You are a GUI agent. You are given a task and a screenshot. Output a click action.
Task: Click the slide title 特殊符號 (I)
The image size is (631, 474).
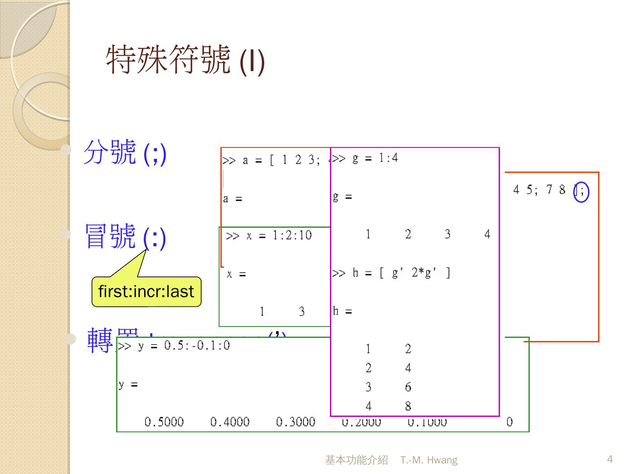(x=185, y=60)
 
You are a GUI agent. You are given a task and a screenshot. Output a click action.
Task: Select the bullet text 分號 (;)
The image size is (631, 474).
(x=125, y=152)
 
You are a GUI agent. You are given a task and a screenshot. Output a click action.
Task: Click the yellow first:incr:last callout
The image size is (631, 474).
(x=146, y=291)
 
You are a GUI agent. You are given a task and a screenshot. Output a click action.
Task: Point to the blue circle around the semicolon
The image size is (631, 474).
(x=581, y=191)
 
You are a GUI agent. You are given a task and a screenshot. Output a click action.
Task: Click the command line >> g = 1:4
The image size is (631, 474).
(x=365, y=158)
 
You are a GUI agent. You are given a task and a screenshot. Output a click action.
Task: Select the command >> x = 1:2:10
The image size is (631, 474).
(x=269, y=236)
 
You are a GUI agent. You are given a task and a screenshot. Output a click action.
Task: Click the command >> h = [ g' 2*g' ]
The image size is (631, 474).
(x=391, y=273)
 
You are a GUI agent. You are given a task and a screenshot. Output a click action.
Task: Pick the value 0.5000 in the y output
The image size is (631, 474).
(x=164, y=422)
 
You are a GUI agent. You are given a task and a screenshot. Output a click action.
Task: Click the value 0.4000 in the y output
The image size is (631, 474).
(x=230, y=422)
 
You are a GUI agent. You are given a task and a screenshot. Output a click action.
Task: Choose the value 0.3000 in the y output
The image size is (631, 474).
(x=295, y=422)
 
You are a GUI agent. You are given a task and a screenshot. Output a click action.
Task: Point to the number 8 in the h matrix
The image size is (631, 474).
(x=408, y=406)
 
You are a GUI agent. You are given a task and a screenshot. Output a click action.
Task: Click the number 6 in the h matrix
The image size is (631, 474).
(x=408, y=387)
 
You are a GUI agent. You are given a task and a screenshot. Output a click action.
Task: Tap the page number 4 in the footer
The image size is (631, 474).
(x=610, y=459)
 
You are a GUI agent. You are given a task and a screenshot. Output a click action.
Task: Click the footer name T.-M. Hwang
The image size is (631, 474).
(x=429, y=460)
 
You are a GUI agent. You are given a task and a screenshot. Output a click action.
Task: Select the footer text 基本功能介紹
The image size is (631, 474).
(x=356, y=460)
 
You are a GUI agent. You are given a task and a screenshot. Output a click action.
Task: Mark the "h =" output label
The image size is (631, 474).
(x=342, y=311)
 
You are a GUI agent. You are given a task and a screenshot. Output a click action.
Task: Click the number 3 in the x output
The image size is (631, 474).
(x=301, y=312)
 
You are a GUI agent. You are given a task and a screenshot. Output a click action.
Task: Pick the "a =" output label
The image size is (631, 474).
(x=232, y=199)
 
